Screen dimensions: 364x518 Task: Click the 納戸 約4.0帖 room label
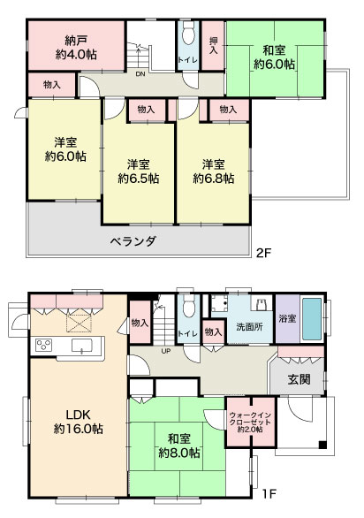[76, 48]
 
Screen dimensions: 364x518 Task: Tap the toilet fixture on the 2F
[188, 33]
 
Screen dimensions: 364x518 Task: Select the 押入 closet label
[214, 45]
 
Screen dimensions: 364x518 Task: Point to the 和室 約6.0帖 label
[274, 57]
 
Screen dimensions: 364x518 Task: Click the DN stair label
[140, 74]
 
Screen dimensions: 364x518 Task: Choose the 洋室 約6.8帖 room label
[214, 171]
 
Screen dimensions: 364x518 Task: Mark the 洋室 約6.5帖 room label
[139, 171]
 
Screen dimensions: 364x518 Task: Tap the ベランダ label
[133, 241]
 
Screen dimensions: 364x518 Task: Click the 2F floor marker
[264, 253]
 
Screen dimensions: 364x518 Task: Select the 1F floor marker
[269, 494]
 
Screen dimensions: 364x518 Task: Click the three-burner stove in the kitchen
[44, 346]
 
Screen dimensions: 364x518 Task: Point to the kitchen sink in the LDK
[82, 346]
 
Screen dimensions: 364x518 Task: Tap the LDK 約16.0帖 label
[79, 422]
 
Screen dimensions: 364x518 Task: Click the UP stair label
[166, 351]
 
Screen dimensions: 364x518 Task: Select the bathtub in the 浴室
[312, 319]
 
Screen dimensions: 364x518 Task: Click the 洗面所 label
[250, 327]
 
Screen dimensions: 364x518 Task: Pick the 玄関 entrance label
[300, 379]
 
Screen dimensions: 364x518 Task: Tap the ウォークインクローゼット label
[250, 422]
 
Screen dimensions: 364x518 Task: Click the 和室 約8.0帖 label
[179, 446]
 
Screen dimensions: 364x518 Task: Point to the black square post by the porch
[322, 445]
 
